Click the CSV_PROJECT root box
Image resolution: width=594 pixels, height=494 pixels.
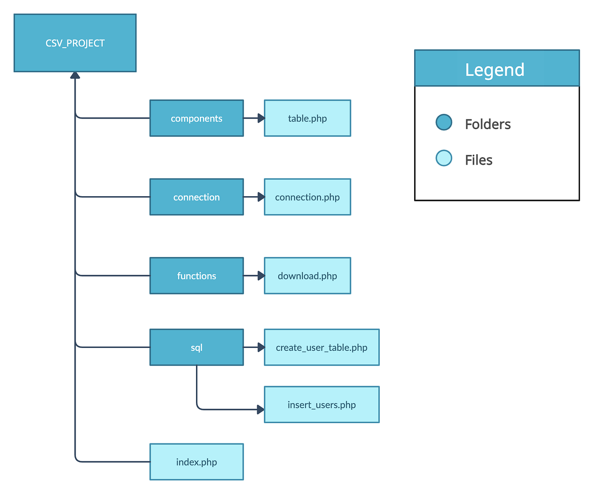(x=75, y=43)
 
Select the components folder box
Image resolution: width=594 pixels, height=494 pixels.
(x=196, y=118)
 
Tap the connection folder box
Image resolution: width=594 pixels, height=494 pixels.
(x=196, y=197)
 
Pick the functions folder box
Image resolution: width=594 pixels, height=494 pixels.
(x=196, y=276)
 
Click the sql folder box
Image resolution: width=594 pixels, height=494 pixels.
(x=196, y=347)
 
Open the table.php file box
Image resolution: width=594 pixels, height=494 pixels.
(x=307, y=118)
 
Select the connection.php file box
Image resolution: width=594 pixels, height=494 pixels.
(x=307, y=197)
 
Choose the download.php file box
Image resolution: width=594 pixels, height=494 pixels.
(x=307, y=276)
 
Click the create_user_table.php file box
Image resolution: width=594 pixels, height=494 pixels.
(x=322, y=347)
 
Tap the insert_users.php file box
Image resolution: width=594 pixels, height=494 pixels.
(x=322, y=404)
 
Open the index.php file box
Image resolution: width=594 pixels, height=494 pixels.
(x=196, y=462)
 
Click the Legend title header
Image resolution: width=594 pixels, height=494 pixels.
(x=496, y=69)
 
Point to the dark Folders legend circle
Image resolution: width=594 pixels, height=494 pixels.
(x=444, y=122)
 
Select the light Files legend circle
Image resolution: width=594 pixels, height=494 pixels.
(x=444, y=158)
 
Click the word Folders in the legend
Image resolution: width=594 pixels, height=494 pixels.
(x=488, y=124)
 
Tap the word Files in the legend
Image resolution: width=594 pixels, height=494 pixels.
(x=478, y=160)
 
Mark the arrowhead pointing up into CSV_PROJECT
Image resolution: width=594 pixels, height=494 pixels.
(x=75, y=76)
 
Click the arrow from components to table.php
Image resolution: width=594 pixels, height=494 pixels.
(x=254, y=118)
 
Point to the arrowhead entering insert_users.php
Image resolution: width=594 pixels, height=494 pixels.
(x=261, y=409)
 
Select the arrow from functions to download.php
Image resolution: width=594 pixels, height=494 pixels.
(x=254, y=276)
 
